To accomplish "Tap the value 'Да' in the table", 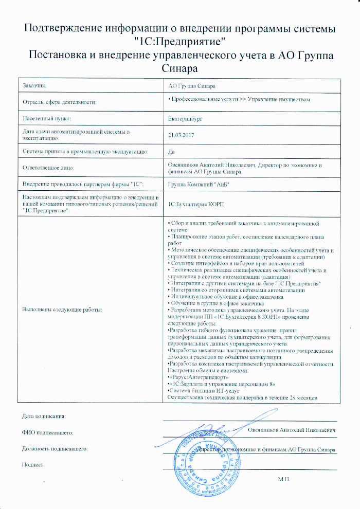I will [172, 152].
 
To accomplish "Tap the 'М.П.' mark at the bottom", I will [283, 479].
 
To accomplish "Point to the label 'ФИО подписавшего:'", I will [45, 432].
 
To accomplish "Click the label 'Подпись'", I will [32, 464].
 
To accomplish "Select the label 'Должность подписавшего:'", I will [53, 448].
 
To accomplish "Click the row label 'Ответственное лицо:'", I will [49, 168].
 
